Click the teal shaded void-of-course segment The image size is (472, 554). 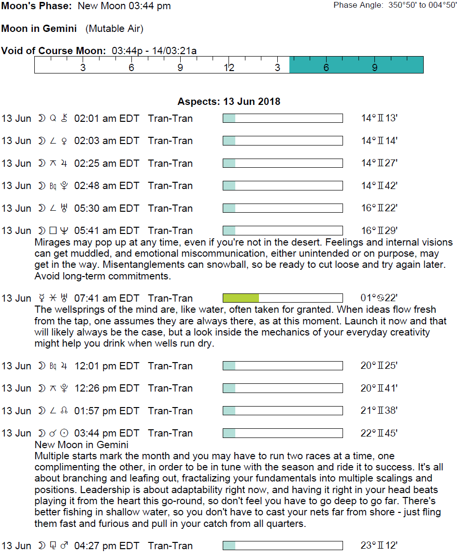[x=356, y=65]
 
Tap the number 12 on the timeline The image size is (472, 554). [x=229, y=68]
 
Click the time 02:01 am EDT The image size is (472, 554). [x=107, y=118]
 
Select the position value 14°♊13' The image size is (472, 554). [x=379, y=118]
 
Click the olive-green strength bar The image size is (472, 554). [x=241, y=298]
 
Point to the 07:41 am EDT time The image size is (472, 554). [x=107, y=298]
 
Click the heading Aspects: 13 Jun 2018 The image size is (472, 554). [x=229, y=102]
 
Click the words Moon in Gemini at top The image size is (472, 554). [x=39, y=29]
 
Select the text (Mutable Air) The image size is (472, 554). [x=114, y=29]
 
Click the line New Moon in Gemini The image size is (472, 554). [x=82, y=445]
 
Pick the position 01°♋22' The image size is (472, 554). [x=379, y=298]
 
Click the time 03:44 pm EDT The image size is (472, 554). [x=107, y=433]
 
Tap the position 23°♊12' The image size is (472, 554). [x=379, y=546]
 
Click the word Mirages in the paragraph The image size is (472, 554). [x=51, y=242]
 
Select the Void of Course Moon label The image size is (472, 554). [x=54, y=51]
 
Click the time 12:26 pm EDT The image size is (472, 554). [x=107, y=388]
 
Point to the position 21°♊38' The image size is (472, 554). [x=379, y=411]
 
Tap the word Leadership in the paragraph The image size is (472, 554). [x=57, y=490]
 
